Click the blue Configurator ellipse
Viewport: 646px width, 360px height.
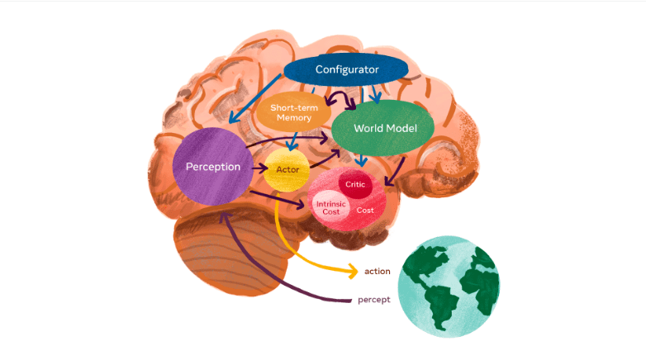coord(347,70)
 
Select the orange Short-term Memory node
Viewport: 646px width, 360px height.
coord(289,112)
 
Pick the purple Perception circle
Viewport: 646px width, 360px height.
coord(213,168)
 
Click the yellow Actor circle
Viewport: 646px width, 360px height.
coord(287,172)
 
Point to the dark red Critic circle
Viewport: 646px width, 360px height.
coord(355,185)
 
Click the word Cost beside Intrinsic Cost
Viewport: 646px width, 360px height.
coord(365,211)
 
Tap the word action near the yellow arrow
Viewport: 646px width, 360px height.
coord(377,271)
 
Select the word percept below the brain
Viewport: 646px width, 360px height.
coord(374,300)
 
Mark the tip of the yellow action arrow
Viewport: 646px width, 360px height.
coord(356,271)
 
